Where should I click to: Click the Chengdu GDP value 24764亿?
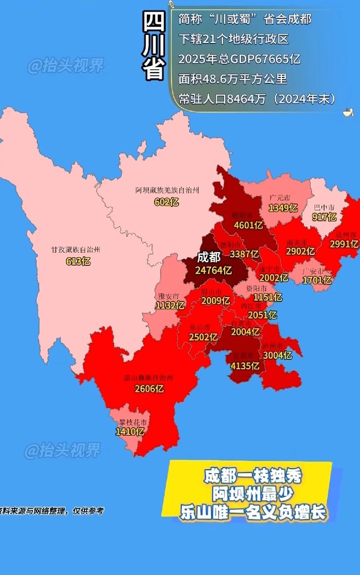(213, 270)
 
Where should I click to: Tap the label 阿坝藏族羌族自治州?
(167, 190)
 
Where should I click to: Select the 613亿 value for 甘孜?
(78, 261)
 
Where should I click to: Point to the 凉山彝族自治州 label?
(148, 378)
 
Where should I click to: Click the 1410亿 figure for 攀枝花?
(130, 432)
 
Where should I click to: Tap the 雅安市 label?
(169, 296)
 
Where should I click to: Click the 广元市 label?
(280, 198)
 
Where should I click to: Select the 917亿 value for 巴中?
(324, 217)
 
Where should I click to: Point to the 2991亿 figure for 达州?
(344, 244)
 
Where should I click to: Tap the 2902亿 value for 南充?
(300, 251)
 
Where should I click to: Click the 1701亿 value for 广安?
(317, 280)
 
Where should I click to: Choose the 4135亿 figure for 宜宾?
(245, 366)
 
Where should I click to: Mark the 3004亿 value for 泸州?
(277, 355)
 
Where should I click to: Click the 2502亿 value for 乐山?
(203, 337)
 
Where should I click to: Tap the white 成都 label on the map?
(209, 257)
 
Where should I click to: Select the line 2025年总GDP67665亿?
(239, 59)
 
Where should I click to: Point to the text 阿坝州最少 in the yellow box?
(253, 494)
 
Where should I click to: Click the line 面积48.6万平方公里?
(233, 79)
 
